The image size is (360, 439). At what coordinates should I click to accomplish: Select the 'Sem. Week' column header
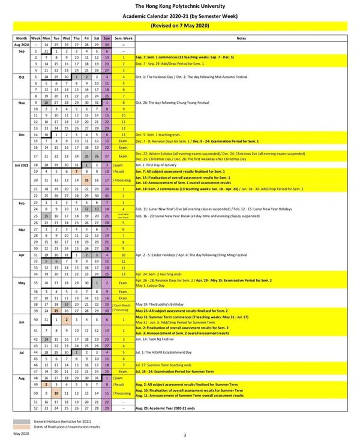tap(124, 38)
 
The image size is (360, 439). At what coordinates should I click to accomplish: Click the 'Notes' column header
tap(241, 38)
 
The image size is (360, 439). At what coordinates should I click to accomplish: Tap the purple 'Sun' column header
tap(107, 38)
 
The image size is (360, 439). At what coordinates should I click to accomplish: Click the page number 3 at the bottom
tap(184, 435)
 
